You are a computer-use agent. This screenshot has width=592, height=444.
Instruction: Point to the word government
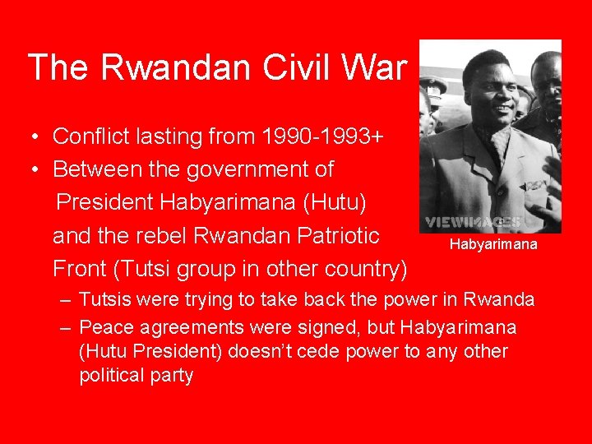(x=259, y=169)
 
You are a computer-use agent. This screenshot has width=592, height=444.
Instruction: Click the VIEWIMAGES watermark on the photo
(x=473, y=222)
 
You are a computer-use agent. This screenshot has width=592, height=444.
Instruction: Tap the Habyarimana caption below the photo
(x=493, y=244)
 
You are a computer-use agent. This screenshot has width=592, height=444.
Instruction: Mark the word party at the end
(x=172, y=377)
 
